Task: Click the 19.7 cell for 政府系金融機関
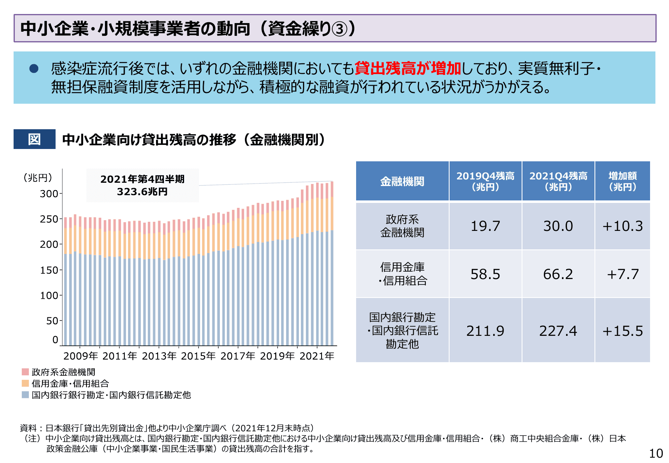coord(485,226)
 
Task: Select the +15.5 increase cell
coord(622,331)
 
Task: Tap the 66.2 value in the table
coord(558,274)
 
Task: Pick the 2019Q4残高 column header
coord(485,181)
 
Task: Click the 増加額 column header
coord(622,181)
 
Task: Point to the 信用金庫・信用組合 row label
coord(402,274)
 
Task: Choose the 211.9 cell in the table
coord(485,331)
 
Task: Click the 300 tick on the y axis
coord(49,194)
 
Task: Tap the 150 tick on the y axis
coord(49,270)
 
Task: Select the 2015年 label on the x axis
coord(198,356)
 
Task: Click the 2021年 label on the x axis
coord(317,356)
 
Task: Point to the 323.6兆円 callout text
coord(142,192)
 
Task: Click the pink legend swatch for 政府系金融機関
coord(26,372)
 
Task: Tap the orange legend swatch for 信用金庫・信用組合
coord(26,384)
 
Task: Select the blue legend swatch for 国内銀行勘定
coord(26,395)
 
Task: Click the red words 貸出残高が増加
coord(408,68)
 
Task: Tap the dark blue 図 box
coord(34,139)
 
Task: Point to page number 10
coord(656,454)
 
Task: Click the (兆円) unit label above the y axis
coord(38,178)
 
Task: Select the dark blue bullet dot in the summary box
coord(34,69)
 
